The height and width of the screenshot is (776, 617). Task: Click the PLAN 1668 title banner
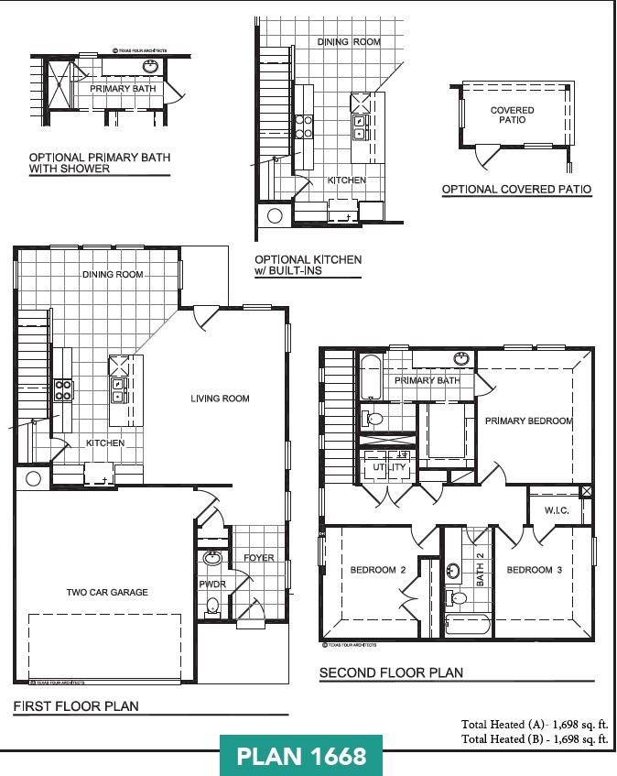click(x=301, y=756)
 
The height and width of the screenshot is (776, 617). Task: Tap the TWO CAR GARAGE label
click(x=107, y=592)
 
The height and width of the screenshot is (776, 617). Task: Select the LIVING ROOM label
click(x=220, y=399)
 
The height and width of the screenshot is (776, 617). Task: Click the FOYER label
click(x=258, y=558)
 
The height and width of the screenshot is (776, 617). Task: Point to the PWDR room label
click(x=211, y=584)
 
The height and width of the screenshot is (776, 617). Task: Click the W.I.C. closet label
click(x=557, y=510)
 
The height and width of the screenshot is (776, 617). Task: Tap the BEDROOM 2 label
click(x=377, y=570)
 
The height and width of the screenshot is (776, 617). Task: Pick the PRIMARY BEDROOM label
click(x=528, y=421)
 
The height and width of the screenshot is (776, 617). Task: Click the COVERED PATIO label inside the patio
click(x=512, y=115)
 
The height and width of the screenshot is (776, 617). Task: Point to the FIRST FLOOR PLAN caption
click(x=76, y=706)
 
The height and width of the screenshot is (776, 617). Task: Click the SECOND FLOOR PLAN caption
click(x=391, y=673)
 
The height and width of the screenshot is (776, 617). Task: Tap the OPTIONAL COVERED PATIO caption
click(x=516, y=190)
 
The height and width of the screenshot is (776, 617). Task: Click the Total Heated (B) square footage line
click(x=535, y=738)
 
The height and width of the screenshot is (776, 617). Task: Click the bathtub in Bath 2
click(x=468, y=628)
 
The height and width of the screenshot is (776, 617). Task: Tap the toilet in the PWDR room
click(x=212, y=605)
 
